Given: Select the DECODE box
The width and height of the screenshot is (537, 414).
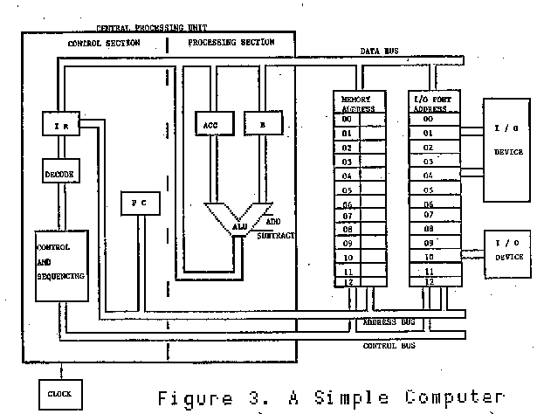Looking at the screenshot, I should (x=59, y=174).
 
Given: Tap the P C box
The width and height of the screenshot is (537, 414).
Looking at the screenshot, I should (x=138, y=203).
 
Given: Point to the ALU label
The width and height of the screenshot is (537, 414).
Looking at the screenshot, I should (x=240, y=226).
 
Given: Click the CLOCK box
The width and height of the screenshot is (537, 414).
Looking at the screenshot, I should (x=59, y=393).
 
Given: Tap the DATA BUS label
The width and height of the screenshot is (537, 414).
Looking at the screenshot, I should (x=380, y=52).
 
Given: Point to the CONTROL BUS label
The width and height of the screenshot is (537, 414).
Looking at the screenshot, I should (x=388, y=345).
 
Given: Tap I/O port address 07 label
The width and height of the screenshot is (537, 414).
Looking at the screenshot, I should (x=428, y=214).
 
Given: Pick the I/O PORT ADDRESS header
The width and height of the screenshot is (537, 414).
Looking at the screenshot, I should (x=432, y=105).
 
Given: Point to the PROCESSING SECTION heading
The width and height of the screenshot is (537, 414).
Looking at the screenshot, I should (x=231, y=41).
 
